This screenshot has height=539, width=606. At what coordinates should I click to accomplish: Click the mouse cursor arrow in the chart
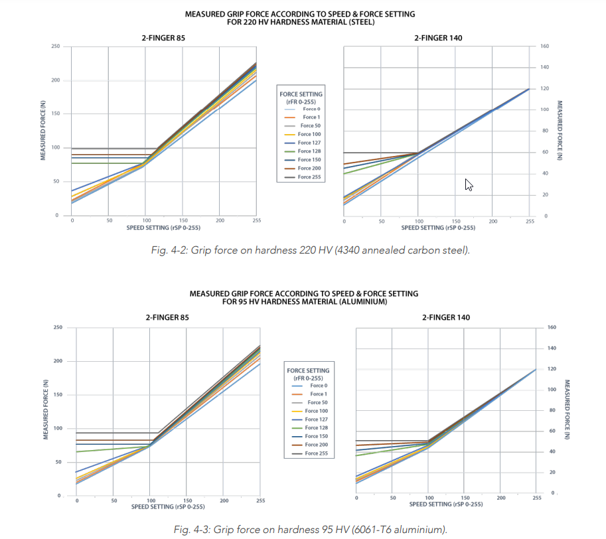[x=469, y=185]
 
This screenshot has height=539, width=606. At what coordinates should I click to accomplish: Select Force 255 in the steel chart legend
[x=309, y=177]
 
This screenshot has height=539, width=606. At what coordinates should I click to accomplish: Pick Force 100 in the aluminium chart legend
[x=316, y=411]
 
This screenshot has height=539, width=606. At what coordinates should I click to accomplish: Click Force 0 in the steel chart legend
[x=311, y=109]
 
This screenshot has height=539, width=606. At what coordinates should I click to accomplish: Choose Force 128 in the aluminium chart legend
[x=316, y=428]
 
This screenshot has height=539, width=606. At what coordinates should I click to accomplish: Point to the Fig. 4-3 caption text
[x=311, y=529]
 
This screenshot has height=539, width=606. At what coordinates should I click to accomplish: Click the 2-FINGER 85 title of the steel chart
[x=163, y=38]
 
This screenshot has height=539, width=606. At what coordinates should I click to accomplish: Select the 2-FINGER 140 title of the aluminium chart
[x=445, y=317]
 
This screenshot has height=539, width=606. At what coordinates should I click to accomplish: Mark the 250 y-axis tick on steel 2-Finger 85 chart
[x=56, y=46]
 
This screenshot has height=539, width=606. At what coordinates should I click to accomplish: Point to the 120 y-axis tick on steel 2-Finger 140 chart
[x=544, y=88]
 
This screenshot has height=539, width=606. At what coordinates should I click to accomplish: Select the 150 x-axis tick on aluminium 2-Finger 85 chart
[x=188, y=501]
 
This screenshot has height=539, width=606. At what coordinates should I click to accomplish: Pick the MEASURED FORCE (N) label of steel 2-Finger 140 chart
[x=559, y=131]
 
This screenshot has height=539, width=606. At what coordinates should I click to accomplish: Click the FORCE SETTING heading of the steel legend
[x=301, y=94]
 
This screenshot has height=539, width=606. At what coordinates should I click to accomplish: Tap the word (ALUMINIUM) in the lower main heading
[x=364, y=301]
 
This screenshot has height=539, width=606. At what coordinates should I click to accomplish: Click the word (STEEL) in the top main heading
[x=361, y=21]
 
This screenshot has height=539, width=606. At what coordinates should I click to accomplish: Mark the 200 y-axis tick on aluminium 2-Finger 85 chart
[x=58, y=361]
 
